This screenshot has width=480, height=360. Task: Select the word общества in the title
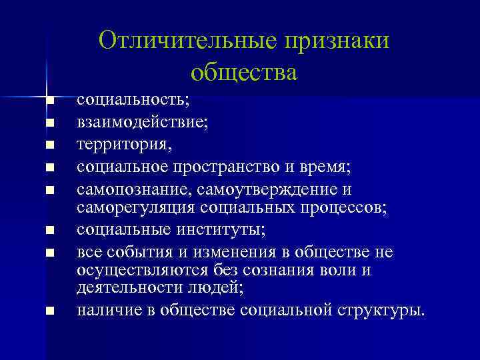243,71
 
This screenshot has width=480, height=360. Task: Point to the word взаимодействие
142,122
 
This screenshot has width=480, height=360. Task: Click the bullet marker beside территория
50,144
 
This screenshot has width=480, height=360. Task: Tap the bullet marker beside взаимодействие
50,123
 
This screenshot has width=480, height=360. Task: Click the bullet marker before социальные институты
50,231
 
